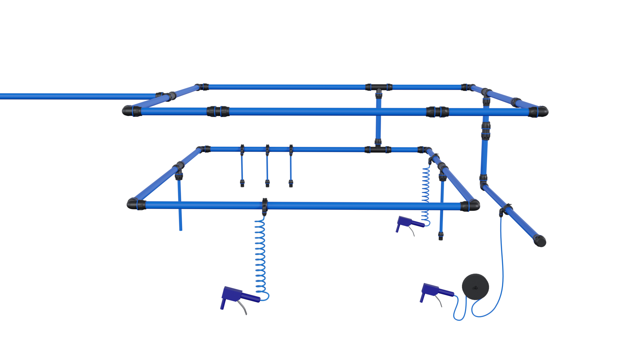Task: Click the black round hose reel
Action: [475, 286]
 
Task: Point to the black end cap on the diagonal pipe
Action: [540, 240]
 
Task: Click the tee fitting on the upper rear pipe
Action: [378, 88]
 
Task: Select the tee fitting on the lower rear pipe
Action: [378, 149]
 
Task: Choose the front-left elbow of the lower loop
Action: [133, 203]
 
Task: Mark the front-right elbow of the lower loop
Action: [471, 205]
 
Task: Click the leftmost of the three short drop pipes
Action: [242, 167]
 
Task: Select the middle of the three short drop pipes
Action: [267, 167]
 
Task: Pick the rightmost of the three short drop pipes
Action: [291, 167]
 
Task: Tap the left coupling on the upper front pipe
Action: [218, 111]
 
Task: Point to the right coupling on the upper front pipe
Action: [437, 112]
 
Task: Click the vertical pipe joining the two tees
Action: [378, 118]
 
